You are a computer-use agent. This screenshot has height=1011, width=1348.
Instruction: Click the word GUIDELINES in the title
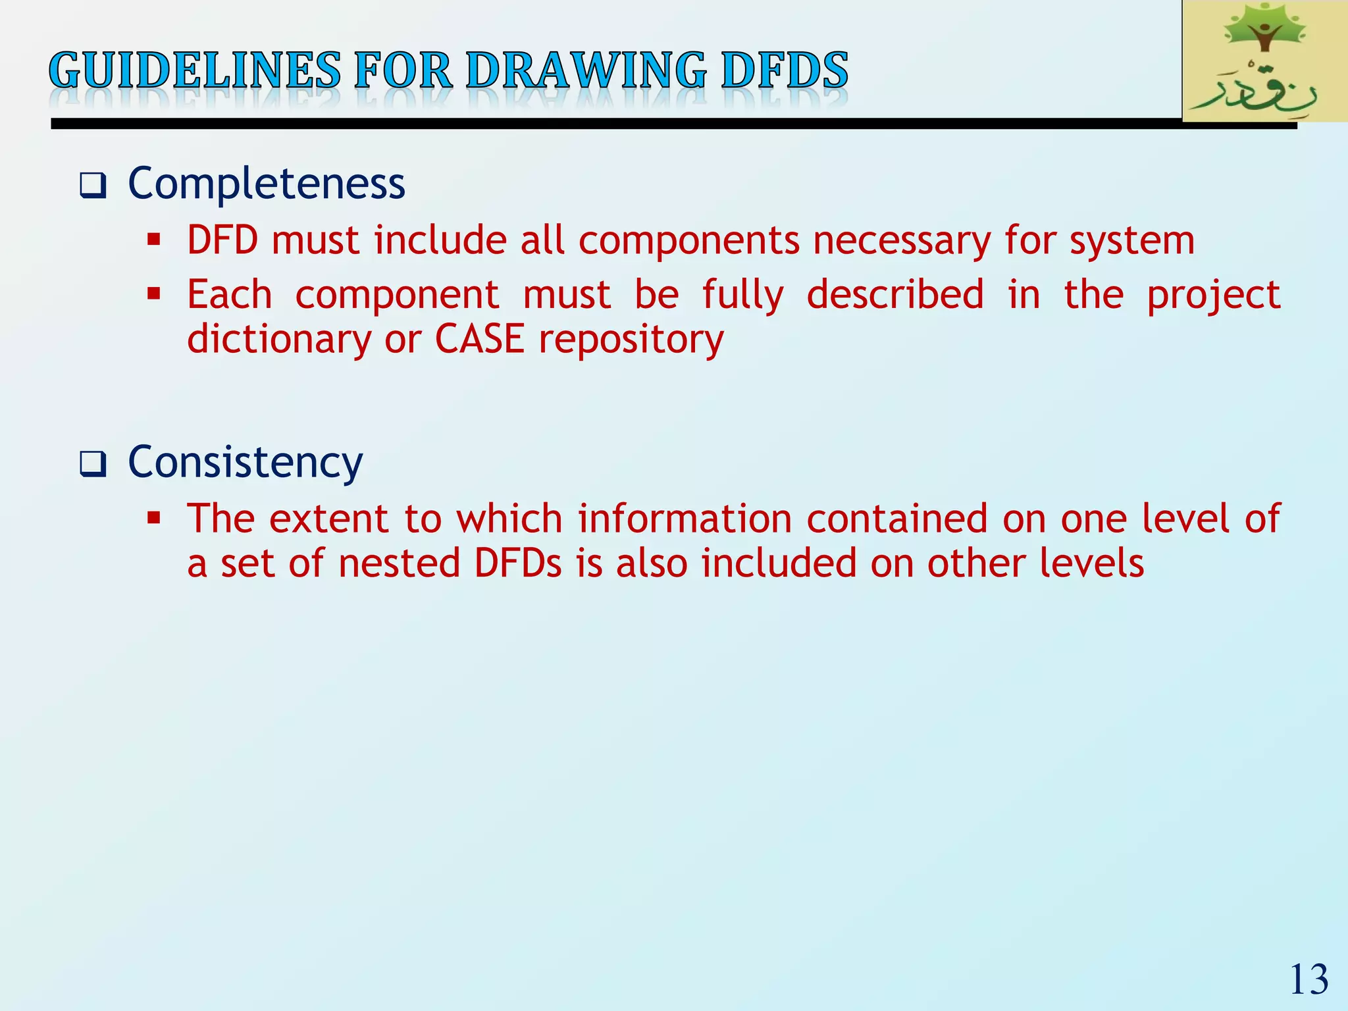pyautogui.click(x=195, y=71)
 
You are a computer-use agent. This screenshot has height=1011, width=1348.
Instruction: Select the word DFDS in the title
pyautogui.click(x=785, y=71)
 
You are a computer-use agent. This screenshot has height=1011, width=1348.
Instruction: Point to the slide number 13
pyautogui.click(x=1309, y=980)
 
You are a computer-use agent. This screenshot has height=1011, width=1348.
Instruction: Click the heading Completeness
pyautogui.click(x=267, y=184)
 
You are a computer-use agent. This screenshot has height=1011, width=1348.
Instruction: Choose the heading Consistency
pyautogui.click(x=245, y=463)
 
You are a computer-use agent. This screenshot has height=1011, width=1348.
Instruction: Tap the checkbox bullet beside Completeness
pyautogui.click(x=92, y=186)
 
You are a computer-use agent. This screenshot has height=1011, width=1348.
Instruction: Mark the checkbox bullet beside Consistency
pyautogui.click(x=92, y=465)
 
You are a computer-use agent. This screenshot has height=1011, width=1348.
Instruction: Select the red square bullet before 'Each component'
pyautogui.click(x=154, y=293)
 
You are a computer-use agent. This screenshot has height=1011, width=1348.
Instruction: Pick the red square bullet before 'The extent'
pyautogui.click(x=154, y=517)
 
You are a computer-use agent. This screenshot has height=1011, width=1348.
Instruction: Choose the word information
pyautogui.click(x=685, y=519)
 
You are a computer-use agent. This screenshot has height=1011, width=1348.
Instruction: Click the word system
pyautogui.click(x=1132, y=242)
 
